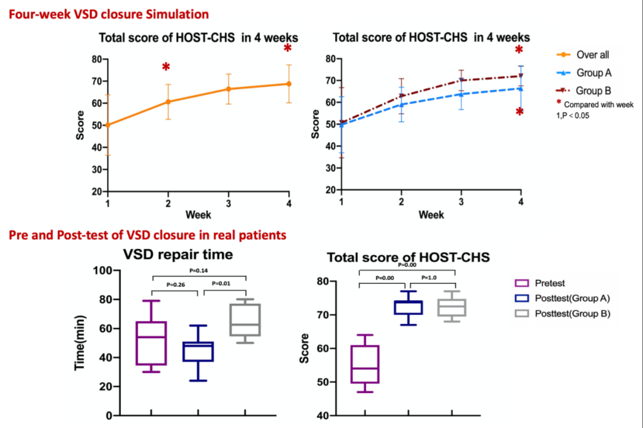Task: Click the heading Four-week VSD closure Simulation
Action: (x=108, y=13)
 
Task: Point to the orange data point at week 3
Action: (x=229, y=89)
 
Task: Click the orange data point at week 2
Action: (x=168, y=102)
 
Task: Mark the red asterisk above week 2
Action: (x=166, y=67)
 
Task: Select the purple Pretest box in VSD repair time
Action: (x=151, y=343)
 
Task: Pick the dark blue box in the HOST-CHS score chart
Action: (x=408, y=307)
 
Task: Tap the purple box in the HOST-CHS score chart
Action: (x=365, y=364)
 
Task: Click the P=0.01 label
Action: (x=224, y=283)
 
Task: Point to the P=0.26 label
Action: (x=176, y=285)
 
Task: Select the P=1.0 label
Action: (x=430, y=278)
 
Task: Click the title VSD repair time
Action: (x=177, y=255)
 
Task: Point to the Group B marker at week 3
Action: (x=461, y=80)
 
